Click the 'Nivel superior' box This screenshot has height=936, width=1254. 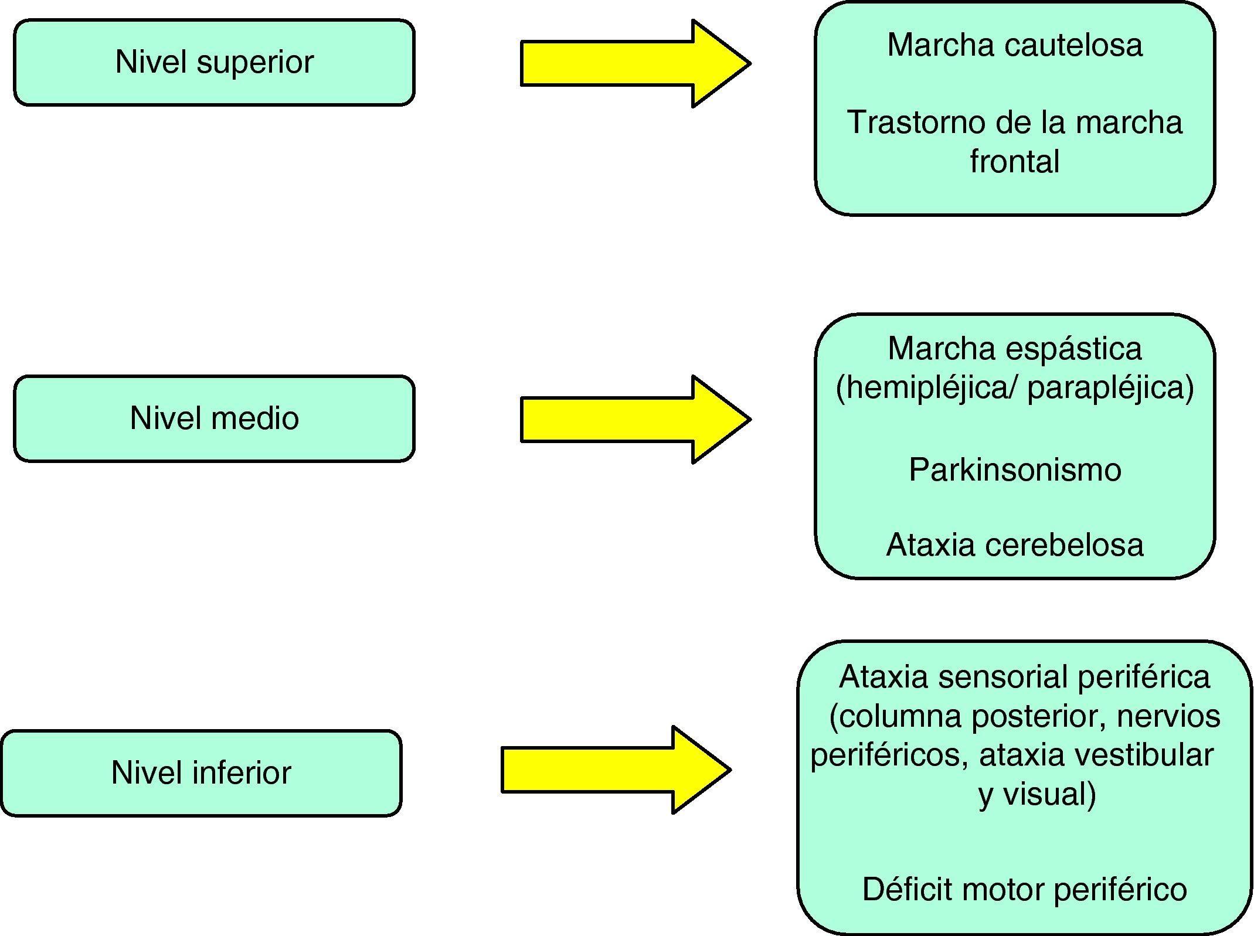tap(214, 63)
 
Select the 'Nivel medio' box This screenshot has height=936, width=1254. tap(214, 419)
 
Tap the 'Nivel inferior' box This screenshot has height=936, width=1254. tap(201, 773)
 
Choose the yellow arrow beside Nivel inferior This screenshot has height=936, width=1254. tap(616, 770)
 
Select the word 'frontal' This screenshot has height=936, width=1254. tap(1014, 161)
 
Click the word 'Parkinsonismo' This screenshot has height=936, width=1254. tap(1015, 470)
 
